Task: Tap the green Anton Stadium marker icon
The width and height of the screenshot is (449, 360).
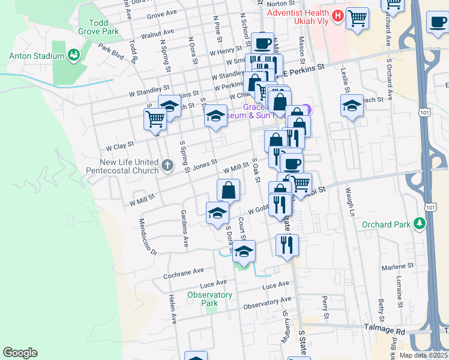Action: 74,56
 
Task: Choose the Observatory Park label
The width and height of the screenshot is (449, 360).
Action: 209,299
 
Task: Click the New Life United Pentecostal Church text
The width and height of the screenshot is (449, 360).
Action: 129,167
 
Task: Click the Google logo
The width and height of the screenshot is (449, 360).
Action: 20,353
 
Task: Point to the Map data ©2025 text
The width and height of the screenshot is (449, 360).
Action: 423,355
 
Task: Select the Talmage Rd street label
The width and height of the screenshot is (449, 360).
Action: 385,329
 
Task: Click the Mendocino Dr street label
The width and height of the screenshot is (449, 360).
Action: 148,235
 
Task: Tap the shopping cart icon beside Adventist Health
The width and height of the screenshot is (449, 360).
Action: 358,19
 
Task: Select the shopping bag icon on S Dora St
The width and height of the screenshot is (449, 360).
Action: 229,191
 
